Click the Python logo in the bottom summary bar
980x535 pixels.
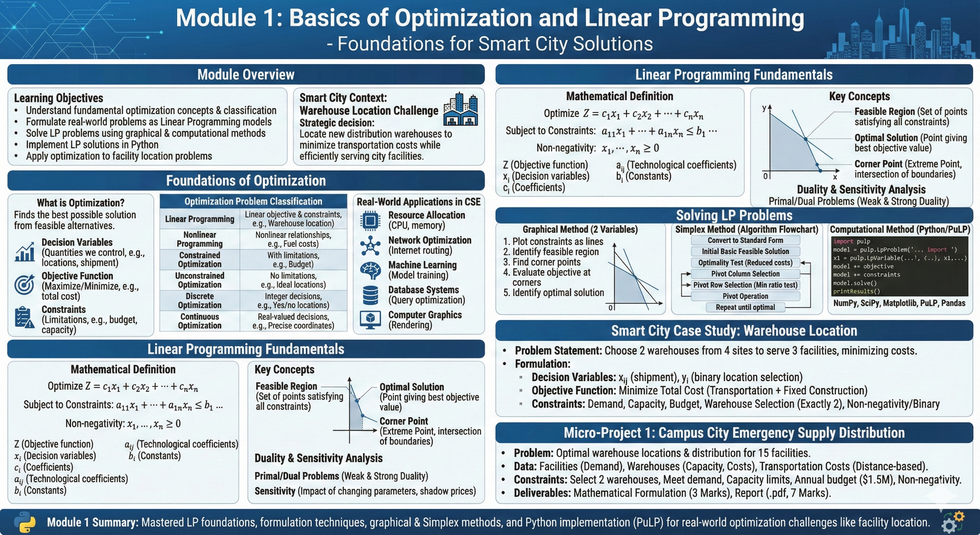[25, 522]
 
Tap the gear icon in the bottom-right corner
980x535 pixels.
[953, 522]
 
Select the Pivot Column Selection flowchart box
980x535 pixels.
[745, 274]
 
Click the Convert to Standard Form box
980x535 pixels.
[745, 240]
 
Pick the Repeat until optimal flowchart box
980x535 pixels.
[745, 307]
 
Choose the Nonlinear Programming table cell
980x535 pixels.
[200, 239]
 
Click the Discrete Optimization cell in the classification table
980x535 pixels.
[200, 301]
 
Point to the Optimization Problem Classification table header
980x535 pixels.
[253, 201]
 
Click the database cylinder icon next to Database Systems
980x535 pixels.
[370, 295]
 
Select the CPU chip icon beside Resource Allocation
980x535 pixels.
[370, 220]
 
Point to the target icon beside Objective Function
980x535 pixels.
[24, 285]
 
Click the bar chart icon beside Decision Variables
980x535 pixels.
[24, 252]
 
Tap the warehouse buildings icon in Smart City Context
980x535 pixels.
[461, 109]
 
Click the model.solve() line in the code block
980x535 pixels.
[854, 283]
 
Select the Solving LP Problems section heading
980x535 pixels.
[734, 216]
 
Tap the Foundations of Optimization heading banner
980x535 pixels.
[246, 180]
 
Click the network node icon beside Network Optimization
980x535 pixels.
[370, 246]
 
